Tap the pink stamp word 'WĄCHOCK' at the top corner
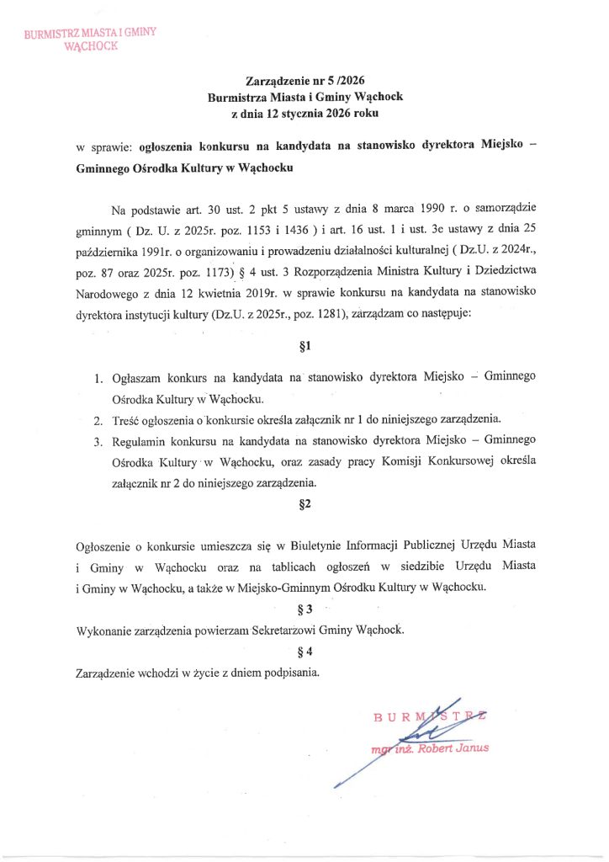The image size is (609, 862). [x=92, y=47]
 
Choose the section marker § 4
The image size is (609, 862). [x=304, y=651]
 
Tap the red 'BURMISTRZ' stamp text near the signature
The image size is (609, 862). [x=432, y=717]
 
